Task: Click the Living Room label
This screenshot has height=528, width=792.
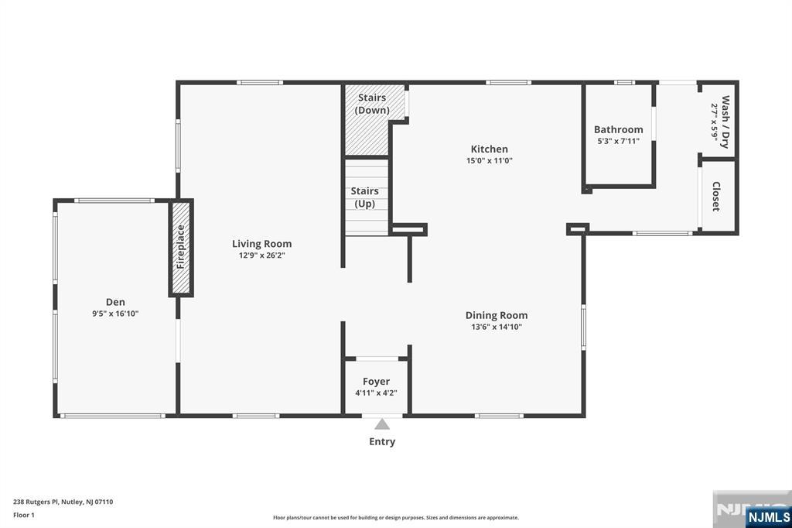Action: [261, 244]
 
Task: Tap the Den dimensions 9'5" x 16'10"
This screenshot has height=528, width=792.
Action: [115, 314]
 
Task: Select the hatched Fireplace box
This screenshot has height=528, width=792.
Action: [181, 247]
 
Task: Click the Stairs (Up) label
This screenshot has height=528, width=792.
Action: [365, 197]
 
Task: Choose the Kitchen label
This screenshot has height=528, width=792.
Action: [490, 149]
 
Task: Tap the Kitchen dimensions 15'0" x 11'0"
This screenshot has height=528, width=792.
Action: [490, 161]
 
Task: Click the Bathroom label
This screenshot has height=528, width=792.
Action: [618, 129]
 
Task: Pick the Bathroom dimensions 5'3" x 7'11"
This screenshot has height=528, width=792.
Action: [618, 141]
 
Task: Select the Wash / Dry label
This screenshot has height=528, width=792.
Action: [725, 121]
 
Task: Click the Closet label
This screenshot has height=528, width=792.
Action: [716, 197]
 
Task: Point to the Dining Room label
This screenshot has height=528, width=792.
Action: [497, 315]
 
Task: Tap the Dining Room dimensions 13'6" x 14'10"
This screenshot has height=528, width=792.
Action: [497, 327]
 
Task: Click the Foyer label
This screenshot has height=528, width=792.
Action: [377, 382]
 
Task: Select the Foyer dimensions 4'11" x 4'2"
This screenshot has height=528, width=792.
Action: [377, 393]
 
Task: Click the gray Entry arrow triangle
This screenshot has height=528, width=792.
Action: [382, 423]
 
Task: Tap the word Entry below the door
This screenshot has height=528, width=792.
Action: [382, 441]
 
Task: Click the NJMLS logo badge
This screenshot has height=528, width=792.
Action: [768, 516]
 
